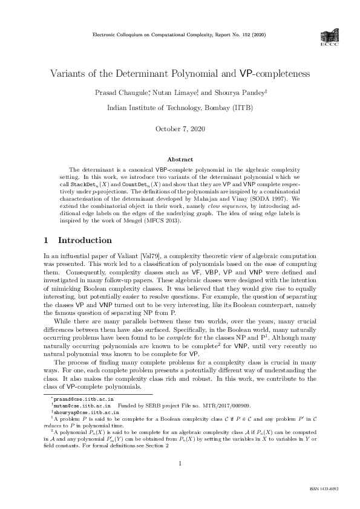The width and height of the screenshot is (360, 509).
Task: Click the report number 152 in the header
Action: coord(237,36)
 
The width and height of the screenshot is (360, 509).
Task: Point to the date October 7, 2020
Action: coord(180,129)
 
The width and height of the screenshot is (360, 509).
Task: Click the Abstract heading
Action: coord(180,159)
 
